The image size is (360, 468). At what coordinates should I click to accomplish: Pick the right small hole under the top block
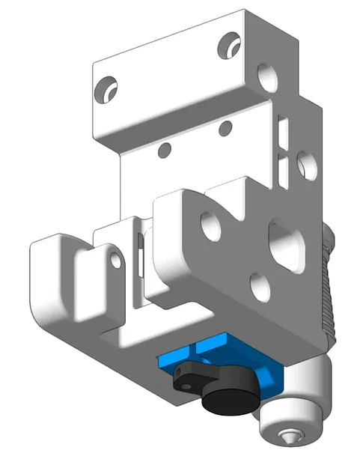224,130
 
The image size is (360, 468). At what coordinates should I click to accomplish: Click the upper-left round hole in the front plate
211,225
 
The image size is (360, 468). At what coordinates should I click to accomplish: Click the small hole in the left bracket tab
115,259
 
